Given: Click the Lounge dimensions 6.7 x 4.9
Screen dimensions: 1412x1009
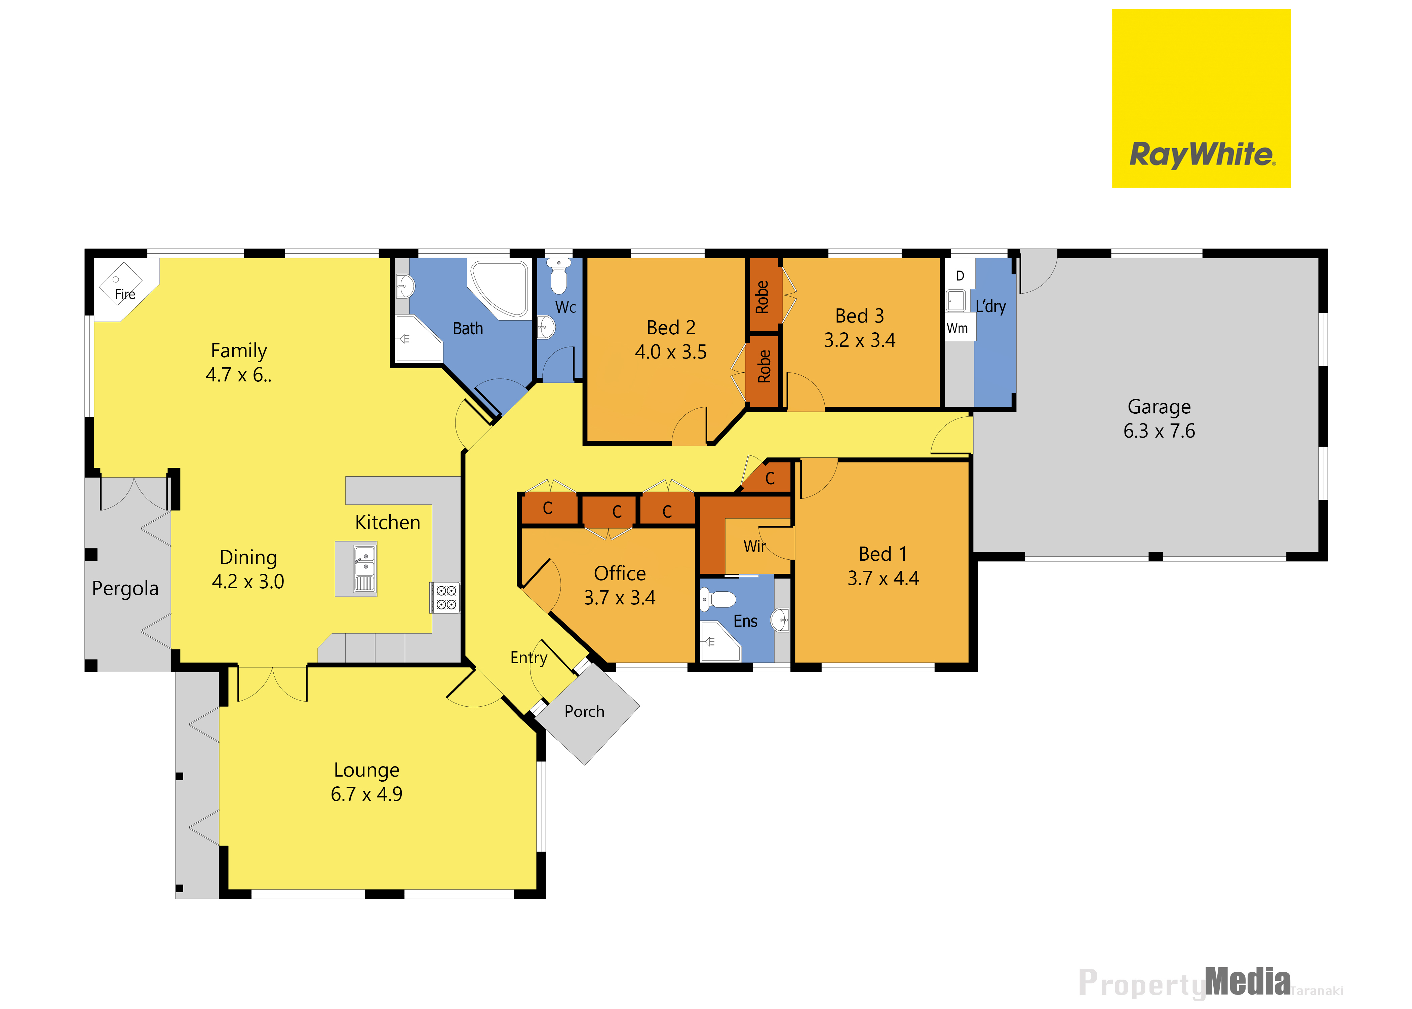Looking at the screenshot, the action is (366, 794).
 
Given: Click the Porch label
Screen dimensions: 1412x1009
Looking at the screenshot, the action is (584, 711).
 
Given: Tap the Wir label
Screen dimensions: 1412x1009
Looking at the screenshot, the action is (754, 547).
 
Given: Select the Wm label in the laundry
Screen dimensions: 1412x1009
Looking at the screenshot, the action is (957, 328).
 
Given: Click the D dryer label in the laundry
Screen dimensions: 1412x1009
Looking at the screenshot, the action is (960, 276).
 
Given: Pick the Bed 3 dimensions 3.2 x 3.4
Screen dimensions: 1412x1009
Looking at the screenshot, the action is (859, 340).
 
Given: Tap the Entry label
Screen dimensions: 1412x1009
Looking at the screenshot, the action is (528, 658).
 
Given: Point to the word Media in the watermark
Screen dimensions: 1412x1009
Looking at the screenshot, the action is (1248, 982).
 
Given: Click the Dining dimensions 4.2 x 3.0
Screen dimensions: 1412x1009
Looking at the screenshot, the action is (248, 582).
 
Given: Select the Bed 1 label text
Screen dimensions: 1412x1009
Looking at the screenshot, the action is (883, 554).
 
